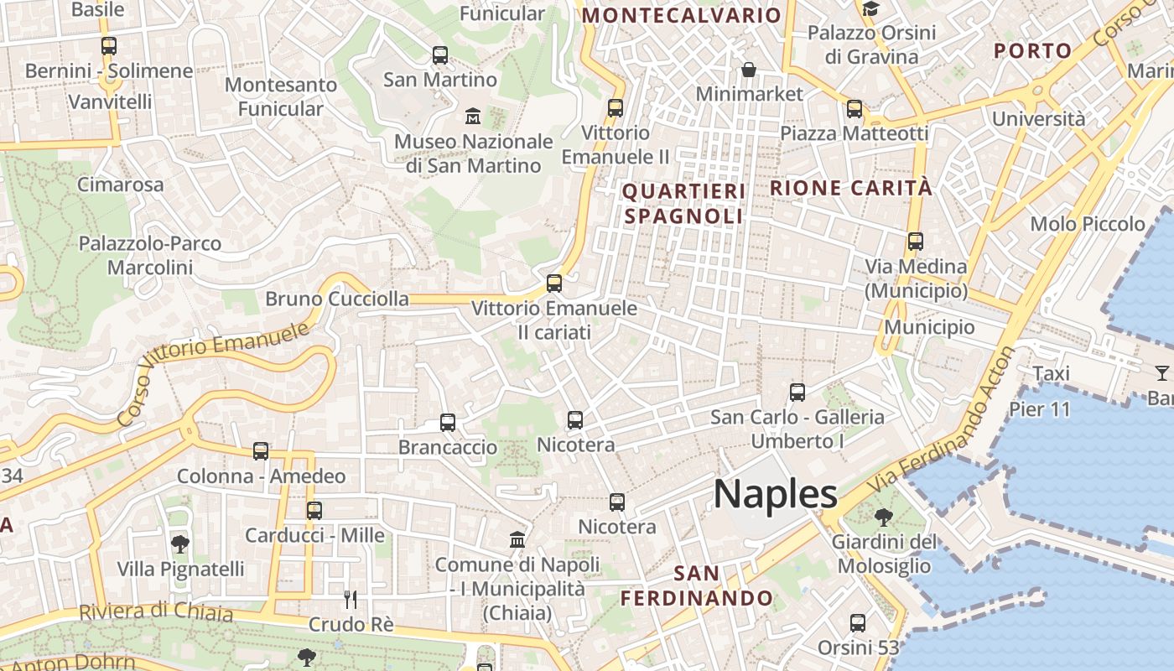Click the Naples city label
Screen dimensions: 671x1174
click(775, 494)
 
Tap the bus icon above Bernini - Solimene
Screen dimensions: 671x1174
click(109, 46)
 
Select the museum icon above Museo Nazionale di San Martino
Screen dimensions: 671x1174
click(473, 116)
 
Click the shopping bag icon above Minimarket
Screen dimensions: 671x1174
click(748, 69)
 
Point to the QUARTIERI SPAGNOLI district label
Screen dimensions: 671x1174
click(683, 203)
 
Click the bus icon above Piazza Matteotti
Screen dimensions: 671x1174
click(855, 109)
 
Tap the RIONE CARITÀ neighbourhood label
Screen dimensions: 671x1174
click(850, 188)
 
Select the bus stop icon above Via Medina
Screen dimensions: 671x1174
click(916, 242)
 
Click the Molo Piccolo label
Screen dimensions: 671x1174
click(1088, 224)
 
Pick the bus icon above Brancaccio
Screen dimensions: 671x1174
click(448, 423)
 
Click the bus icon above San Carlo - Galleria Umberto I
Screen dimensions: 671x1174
click(797, 392)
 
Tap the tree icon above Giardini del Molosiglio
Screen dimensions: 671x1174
click(883, 517)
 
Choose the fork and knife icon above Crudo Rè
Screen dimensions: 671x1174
click(351, 599)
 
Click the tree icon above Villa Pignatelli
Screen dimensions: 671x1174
click(179, 544)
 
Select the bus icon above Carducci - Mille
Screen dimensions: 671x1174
click(314, 510)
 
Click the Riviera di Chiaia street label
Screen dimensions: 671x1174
click(156, 611)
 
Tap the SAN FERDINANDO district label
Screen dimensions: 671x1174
click(696, 585)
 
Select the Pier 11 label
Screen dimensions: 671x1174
click(1040, 409)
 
